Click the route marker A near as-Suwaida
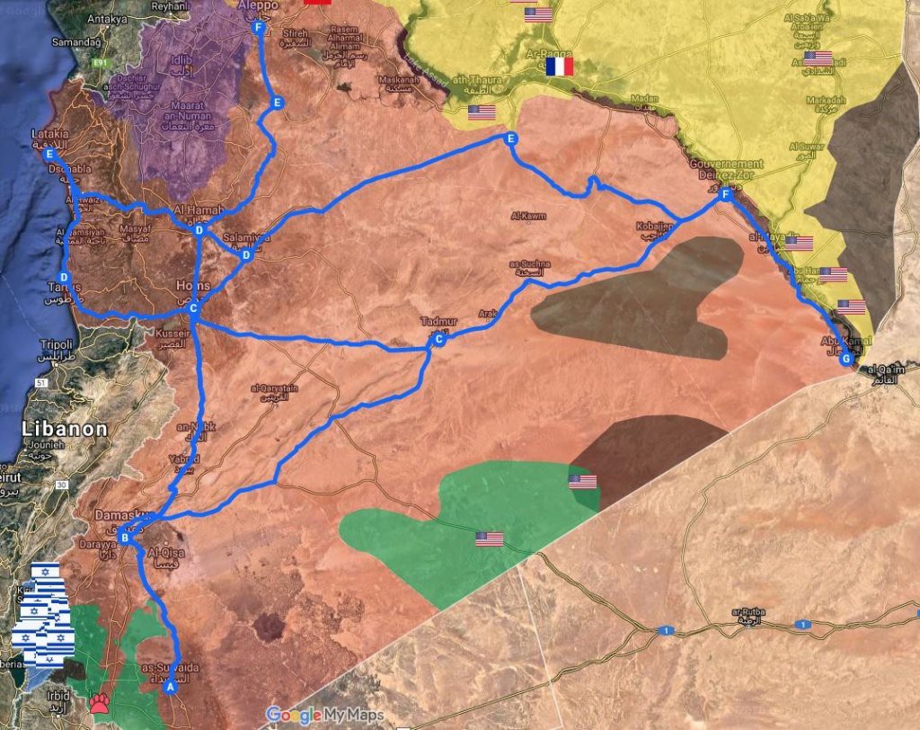(x=168, y=687)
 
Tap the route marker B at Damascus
(x=125, y=538)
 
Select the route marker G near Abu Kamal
(x=844, y=360)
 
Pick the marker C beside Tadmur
(x=438, y=340)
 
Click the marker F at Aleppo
(x=259, y=28)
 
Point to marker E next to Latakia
(x=49, y=154)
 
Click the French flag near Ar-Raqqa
(x=560, y=66)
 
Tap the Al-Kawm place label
(x=527, y=216)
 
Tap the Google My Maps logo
(x=324, y=716)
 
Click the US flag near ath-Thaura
(x=482, y=112)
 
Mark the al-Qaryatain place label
(x=273, y=389)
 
